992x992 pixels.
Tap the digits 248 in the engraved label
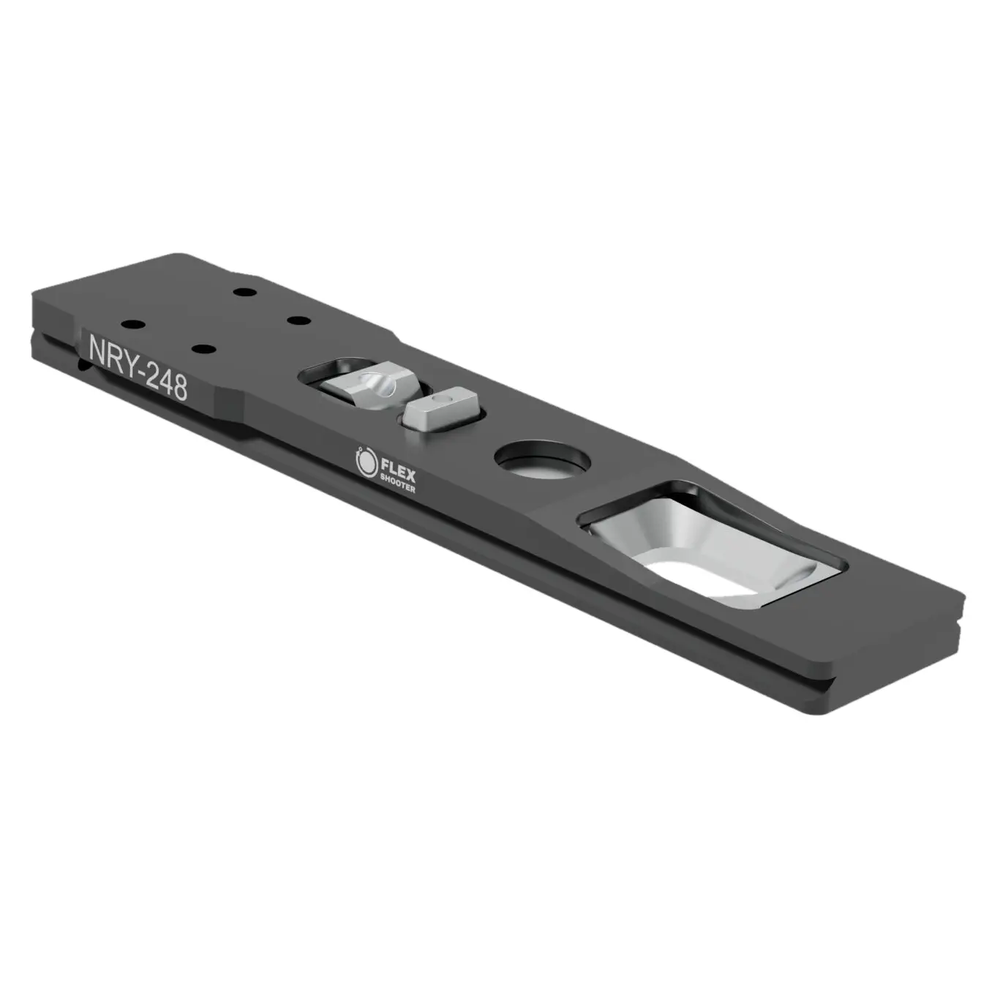point(167,382)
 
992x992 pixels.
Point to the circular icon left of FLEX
point(364,460)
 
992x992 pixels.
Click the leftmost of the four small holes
point(132,323)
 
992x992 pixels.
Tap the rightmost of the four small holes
point(295,321)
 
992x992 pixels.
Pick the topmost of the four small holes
point(242,293)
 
